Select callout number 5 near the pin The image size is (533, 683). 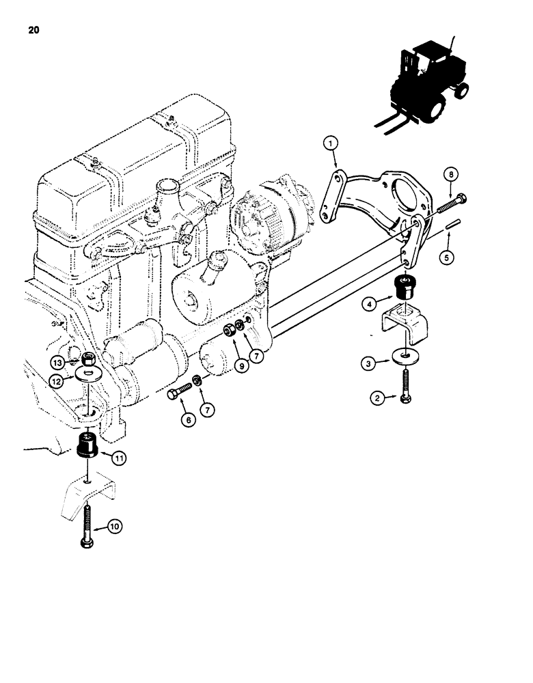pos(448,257)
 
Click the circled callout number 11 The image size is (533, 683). pos(118,460)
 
